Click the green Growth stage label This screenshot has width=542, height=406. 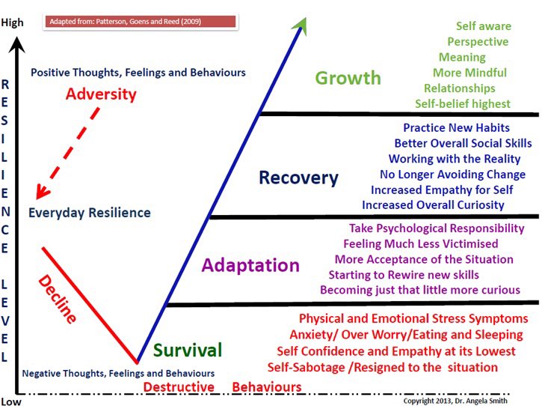pos(348,78)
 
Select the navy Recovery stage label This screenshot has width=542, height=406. pos(298,178)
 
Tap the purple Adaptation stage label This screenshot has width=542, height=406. pos(250,265)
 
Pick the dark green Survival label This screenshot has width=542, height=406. pos(188,350)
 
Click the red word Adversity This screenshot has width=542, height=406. pos(101,94)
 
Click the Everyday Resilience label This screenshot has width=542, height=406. pos(89,213)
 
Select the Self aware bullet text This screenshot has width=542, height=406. pos(482,26)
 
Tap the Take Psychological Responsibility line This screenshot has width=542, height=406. pos(437,228)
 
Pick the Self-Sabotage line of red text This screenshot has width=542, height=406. pos(382,367)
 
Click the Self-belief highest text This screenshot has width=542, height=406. pos(463,103)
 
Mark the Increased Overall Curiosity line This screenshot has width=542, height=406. pos(433,204)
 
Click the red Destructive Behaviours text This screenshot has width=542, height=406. pos(223,387)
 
